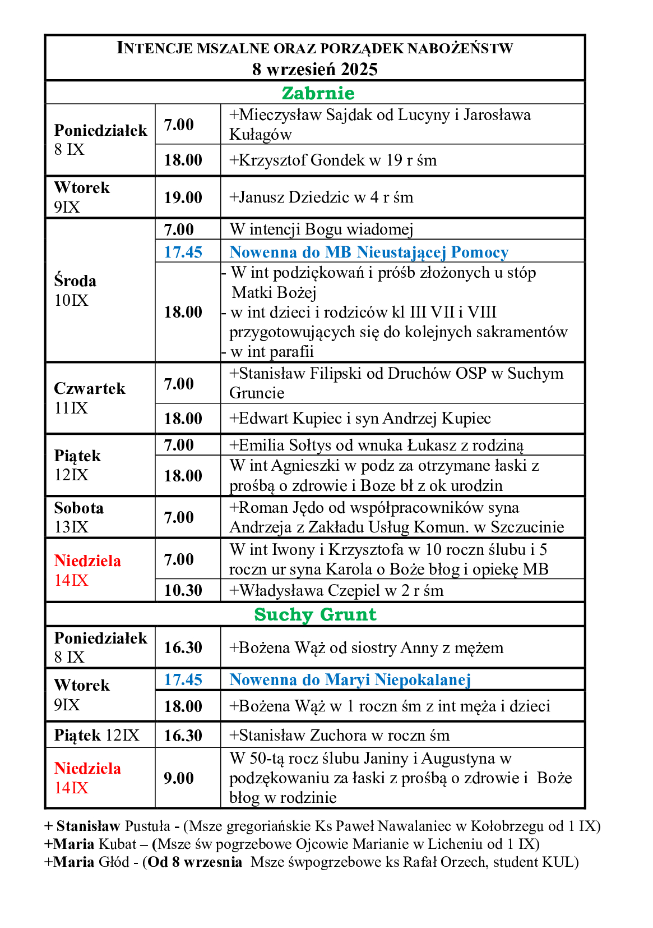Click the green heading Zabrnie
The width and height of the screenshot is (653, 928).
pyautogui.click(x=318, y=93)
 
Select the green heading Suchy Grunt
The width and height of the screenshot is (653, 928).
pyautogui.click(x=315, y=614)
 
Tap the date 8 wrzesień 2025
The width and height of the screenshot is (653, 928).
pyautogui.click(x=314, y=69)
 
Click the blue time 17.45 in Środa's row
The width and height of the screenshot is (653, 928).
pyautogui.click(x=183, y=252)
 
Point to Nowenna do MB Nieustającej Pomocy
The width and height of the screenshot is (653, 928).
pyautogui.click(x=369, y=252)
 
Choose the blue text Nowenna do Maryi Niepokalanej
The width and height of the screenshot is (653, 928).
pyautogui.click(x=350, y=679)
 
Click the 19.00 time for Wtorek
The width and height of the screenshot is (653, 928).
pyautogui.click(x=183, y=197)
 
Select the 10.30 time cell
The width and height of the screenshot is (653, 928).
pyautogui.click(x=183, y=590)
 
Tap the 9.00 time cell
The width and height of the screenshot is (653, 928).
pyautogui.click(x=179, y=778)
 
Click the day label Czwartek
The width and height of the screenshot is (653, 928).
pyautogui.click(x=90, y=388)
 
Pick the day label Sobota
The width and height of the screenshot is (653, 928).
pyautogui.click(x=79, y=508)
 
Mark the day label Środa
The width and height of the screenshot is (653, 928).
pyautogui.click(x=75, y=281)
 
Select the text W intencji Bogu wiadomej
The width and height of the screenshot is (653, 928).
pyautogui.click(x=321, y=229)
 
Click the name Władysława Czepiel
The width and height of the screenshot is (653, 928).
pyautogui.click(x=309, y=590)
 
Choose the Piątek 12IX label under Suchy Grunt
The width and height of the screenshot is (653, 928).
pyautogui.click(x=96, y=735)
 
